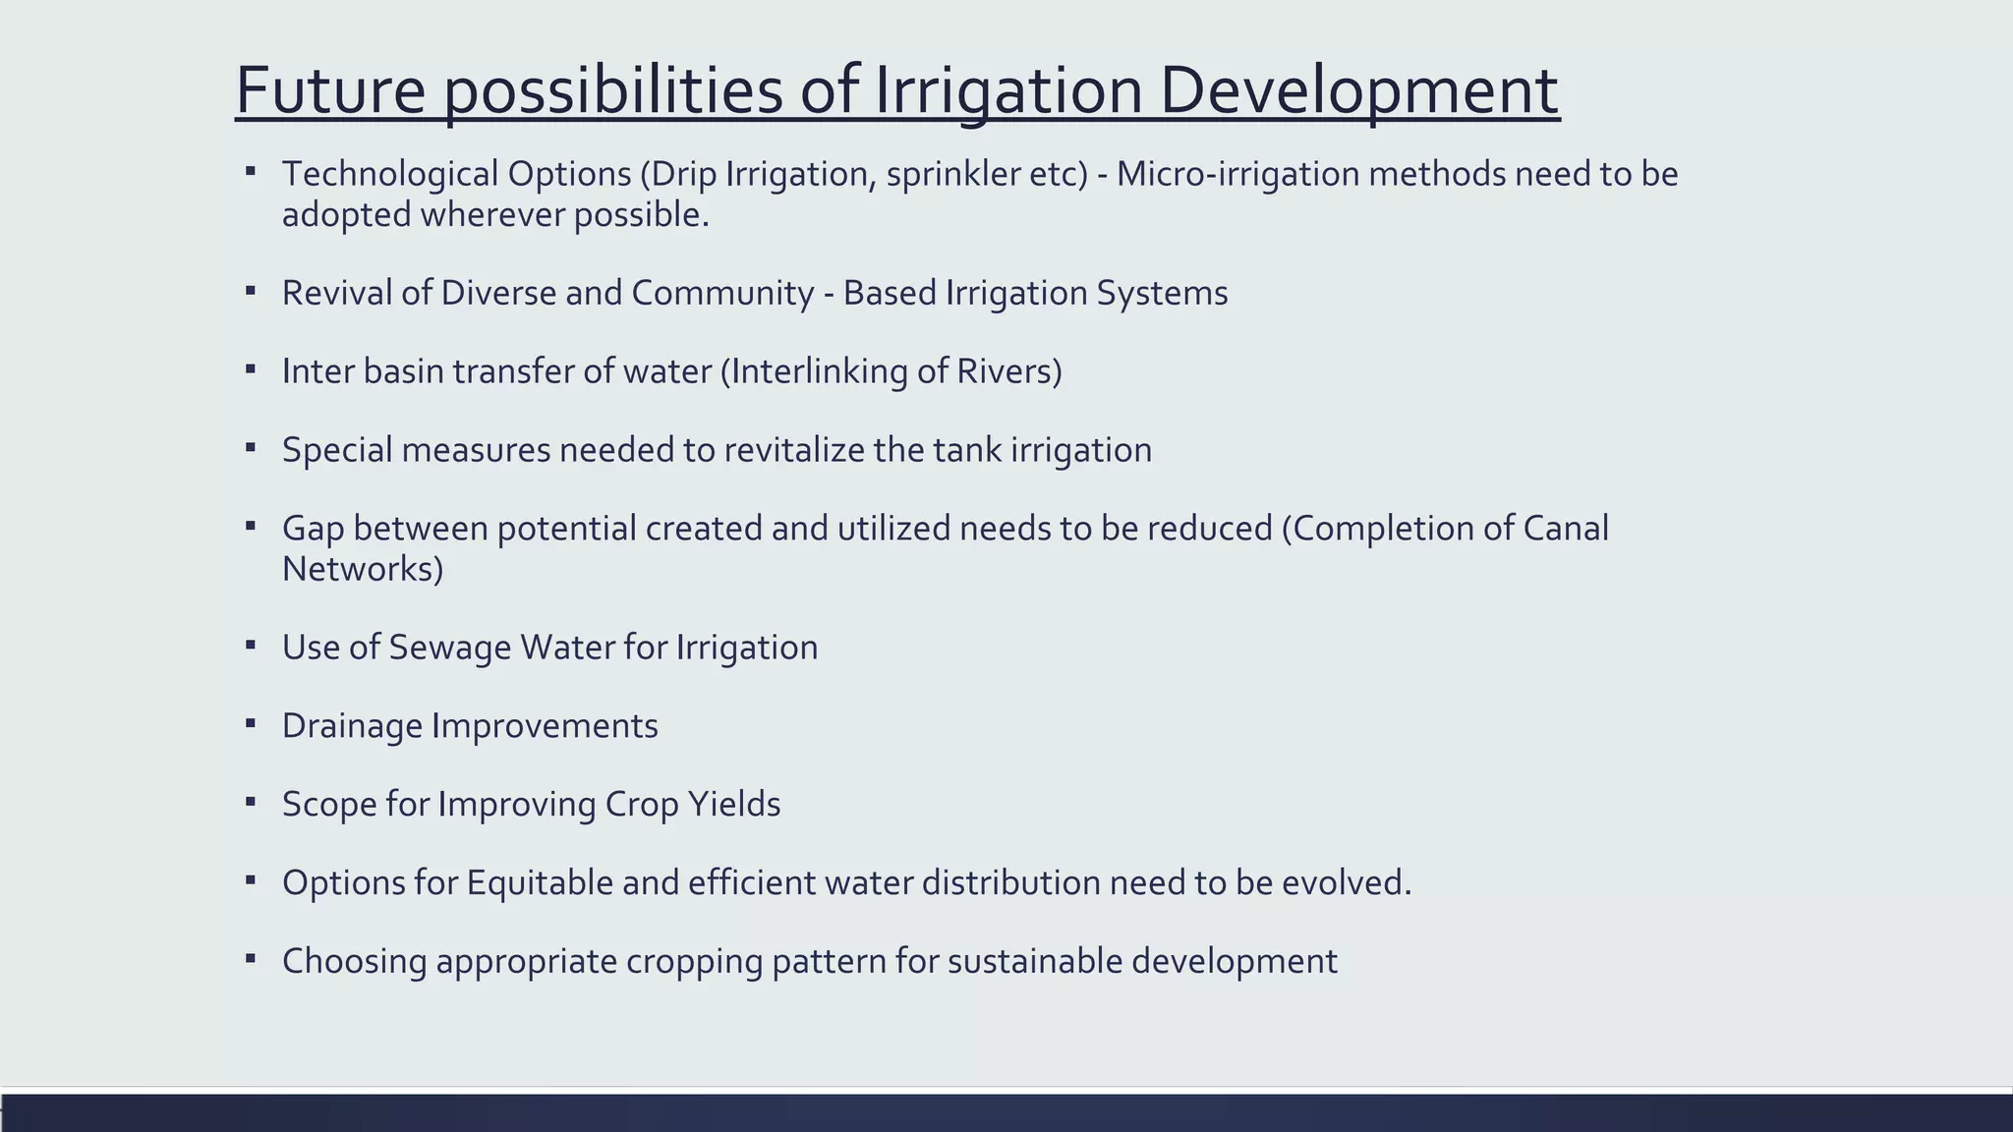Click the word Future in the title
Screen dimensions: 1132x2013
(x=330, y=90)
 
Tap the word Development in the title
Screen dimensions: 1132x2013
(x=1358, y=90)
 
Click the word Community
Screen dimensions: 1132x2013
(x=722, y=293)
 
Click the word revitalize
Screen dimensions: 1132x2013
(x=794, y=450)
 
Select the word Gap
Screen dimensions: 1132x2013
(x=313, y=529)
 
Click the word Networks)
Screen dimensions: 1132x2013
(x=363, y=569)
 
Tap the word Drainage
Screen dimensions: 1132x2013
(x=352, y=726)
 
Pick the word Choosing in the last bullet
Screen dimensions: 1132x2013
(x=354, y=961)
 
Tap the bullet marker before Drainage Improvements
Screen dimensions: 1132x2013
(x=251, y=723)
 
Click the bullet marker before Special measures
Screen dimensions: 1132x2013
(x=251, y=447)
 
